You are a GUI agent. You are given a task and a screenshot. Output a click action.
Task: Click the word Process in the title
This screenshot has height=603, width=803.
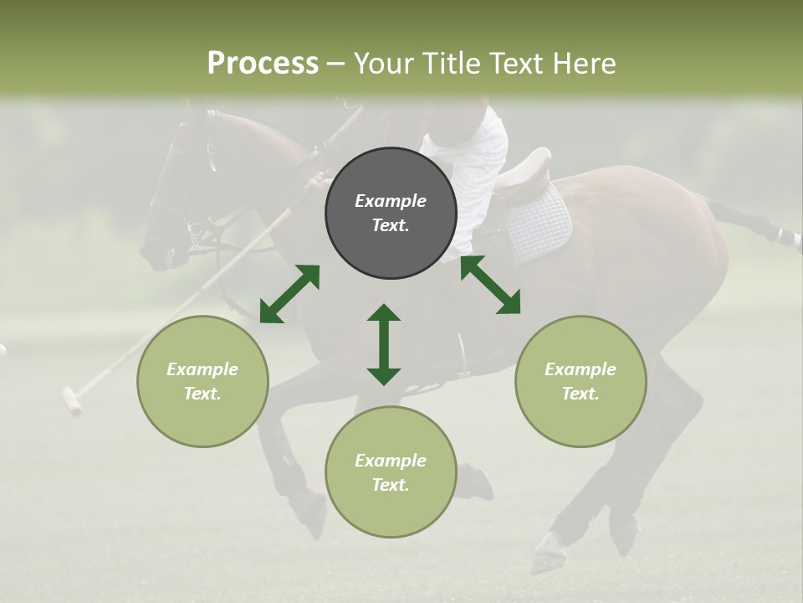263,64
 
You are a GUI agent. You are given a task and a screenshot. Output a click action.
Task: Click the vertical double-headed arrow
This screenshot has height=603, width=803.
384,344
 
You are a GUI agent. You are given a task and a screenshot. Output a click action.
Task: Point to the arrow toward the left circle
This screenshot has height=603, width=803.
289,294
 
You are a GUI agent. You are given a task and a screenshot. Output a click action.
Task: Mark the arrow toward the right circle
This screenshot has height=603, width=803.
490,286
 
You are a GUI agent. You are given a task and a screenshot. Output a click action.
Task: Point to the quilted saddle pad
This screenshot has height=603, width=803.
539,221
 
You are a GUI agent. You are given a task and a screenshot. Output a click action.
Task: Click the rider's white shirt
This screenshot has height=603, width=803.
473,159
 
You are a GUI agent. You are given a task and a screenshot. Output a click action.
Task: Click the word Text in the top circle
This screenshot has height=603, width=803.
390,225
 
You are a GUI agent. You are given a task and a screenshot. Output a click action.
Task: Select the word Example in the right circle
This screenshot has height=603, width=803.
581,369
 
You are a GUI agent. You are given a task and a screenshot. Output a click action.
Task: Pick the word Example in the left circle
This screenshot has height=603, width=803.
202,369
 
